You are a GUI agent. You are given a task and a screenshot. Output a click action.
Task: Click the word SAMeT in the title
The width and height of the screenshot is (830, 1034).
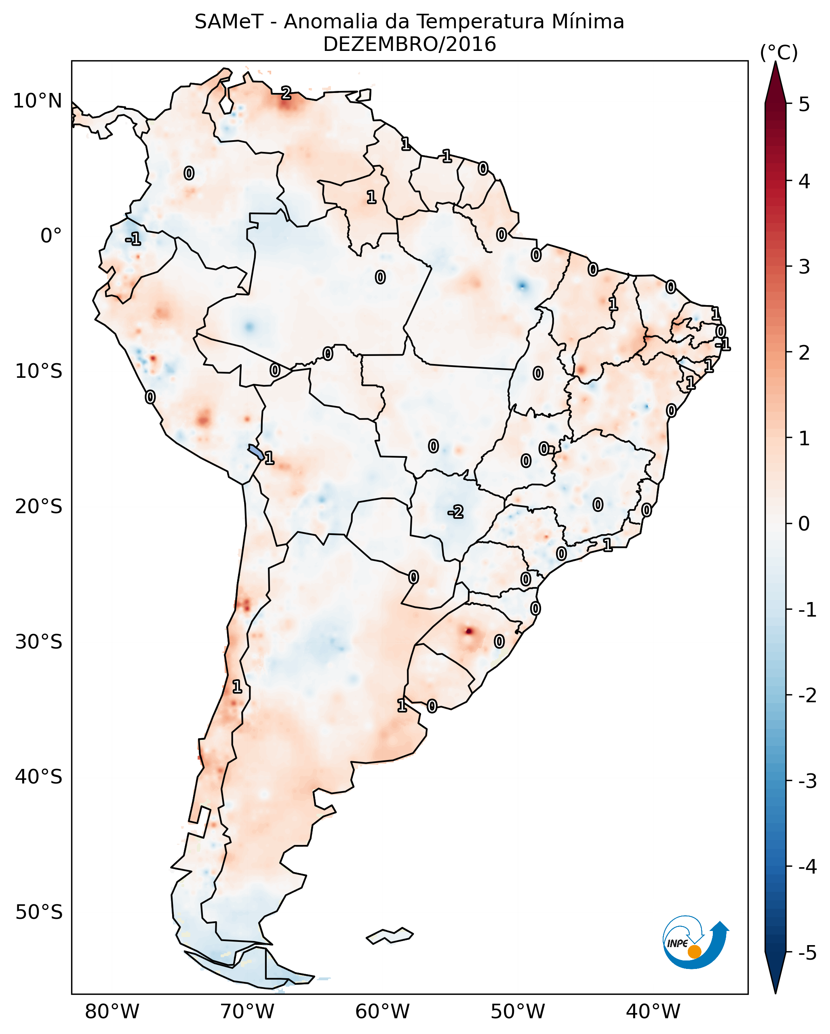[228, 22]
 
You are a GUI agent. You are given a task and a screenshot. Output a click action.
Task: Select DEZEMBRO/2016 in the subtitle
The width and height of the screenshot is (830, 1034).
[409, 44]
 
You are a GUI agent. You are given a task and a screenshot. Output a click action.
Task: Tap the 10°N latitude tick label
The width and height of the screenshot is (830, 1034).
[38, 101]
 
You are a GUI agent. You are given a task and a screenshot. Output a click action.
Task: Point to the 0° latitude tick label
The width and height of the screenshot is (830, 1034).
[51, 236]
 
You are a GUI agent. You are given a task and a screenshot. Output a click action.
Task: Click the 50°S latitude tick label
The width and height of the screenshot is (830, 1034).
[38, 912]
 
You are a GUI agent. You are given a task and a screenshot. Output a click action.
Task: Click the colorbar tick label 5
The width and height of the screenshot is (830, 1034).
[804, 104]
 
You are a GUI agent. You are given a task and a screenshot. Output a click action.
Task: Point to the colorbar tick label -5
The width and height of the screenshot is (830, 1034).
[807, 954]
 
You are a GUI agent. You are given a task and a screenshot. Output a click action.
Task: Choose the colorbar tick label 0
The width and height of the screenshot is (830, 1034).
[804, 523]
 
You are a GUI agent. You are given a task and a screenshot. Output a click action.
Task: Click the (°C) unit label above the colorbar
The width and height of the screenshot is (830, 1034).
[779, 53]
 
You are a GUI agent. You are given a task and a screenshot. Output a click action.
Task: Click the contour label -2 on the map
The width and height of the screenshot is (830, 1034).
[455, 512]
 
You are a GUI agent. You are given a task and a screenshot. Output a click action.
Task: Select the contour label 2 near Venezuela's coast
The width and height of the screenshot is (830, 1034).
[286, 93]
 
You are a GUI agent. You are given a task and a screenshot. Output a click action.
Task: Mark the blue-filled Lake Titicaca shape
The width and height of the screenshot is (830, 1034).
[255, 452]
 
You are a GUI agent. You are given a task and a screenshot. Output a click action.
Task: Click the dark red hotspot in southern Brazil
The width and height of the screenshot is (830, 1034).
[468, 631]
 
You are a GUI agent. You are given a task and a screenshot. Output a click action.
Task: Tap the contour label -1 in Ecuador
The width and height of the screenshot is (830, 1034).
[133, 238]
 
